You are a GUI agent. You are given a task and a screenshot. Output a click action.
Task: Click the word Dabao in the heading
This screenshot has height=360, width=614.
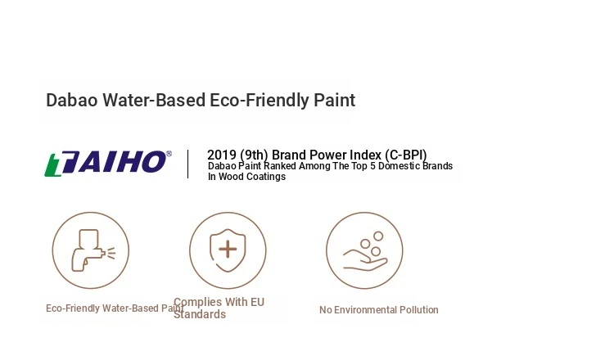coord(72,100)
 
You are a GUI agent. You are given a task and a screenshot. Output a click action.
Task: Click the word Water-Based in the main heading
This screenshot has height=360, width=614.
coord(154,100)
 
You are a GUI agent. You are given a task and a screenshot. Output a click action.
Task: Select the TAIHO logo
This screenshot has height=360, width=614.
coord(108,163)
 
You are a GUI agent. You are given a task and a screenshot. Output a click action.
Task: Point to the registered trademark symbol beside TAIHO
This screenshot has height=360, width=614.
coord(169,154)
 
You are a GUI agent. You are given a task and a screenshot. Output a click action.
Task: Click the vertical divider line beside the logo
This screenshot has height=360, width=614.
coord(188,164)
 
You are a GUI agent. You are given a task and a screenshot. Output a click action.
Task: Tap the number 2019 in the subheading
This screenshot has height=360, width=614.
coord(222,155)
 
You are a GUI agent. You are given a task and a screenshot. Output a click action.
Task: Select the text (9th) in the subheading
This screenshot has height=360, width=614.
coord(254,155)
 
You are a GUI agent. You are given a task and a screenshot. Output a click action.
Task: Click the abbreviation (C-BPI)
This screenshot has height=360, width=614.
coord(406,155)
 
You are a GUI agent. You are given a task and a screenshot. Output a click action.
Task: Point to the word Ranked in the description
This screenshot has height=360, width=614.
coord(280,166)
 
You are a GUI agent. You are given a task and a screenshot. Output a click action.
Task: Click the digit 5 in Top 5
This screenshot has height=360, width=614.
coord(372,166)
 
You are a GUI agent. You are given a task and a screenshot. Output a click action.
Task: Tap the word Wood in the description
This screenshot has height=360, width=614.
coord(230,177)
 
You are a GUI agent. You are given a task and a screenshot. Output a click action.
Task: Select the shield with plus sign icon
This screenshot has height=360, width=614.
coord(228,250)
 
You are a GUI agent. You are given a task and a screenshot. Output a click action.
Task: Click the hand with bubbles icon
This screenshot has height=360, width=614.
coord(365,251)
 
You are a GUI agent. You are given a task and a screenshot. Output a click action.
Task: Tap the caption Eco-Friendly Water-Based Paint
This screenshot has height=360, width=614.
coord(115,308)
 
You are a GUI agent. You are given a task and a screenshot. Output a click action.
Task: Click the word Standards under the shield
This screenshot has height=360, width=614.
coord(200,314)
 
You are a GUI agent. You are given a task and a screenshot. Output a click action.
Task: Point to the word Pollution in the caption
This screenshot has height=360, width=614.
coord(418,310)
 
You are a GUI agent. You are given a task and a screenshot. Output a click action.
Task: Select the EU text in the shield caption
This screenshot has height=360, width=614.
coord(257,302)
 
